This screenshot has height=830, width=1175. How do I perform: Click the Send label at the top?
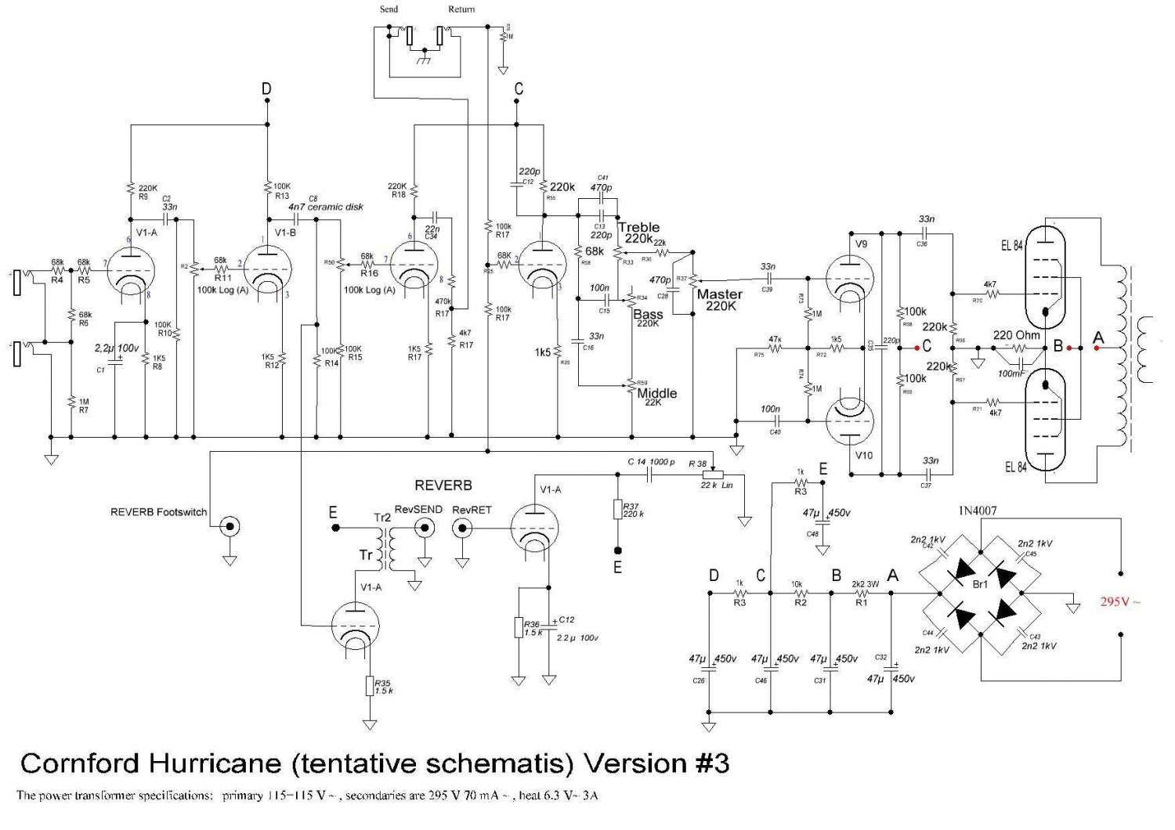[389, 9]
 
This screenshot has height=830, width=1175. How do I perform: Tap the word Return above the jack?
[461, 9]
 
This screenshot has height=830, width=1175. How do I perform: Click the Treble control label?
[638, 228]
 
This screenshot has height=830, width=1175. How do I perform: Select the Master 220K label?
[719, 300]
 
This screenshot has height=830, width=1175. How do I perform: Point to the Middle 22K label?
[656, 396]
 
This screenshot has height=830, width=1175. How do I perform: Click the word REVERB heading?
[443, 485]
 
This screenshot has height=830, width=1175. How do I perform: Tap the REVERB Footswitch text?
[159, 512]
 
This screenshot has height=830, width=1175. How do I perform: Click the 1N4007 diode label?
[978, 511]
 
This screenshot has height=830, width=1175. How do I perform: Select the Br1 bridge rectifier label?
[980, 584]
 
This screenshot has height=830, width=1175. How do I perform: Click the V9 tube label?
[862, 244]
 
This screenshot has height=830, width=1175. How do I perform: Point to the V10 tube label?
[864, 456]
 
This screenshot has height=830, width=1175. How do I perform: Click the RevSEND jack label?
[418, 509]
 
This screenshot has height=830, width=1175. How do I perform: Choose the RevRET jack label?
[472, 509]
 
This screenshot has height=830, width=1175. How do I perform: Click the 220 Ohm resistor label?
[1017, 335]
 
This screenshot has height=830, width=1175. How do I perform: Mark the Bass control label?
[648, 314]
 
